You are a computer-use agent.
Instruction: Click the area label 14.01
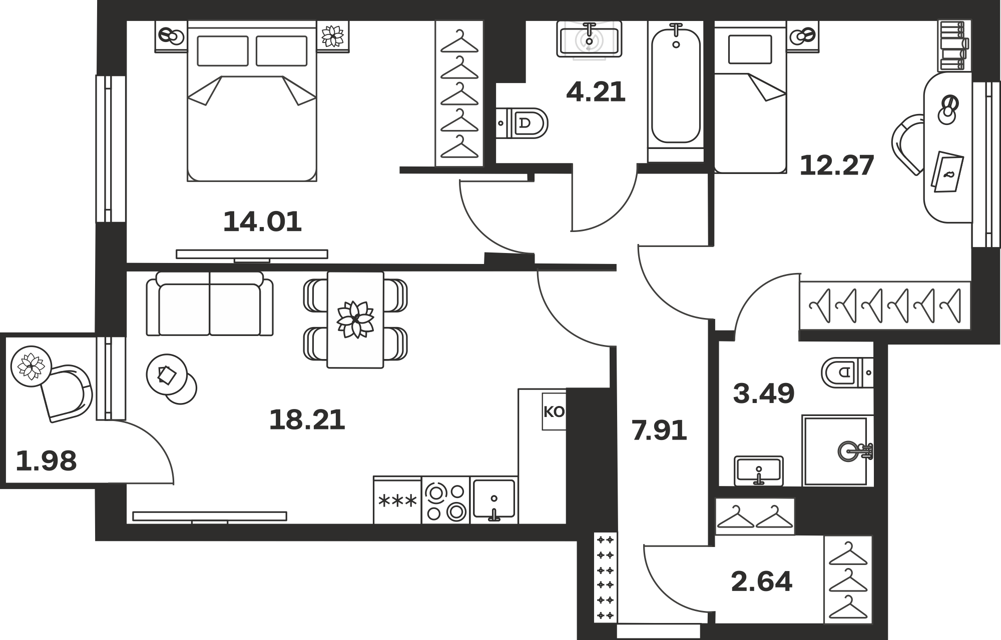click(262, 221)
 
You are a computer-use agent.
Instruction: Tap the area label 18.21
click(307, 419)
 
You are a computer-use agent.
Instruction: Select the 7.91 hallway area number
click(659, 430)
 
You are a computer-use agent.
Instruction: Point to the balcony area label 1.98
click(46, 460)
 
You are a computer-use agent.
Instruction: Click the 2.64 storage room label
click(761, 581)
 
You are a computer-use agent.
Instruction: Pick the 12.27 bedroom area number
click(837, 165)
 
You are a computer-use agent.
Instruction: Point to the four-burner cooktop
click(446, 500)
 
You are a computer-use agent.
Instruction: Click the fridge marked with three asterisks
click(397, 500)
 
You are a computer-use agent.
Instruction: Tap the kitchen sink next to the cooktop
click(494, 500)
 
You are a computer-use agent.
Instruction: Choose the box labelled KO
click(554, 411)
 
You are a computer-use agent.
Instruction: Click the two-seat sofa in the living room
click(210, 304)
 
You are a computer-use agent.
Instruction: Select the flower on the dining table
click(355, 319)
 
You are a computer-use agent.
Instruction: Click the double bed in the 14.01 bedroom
click(252, 101)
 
